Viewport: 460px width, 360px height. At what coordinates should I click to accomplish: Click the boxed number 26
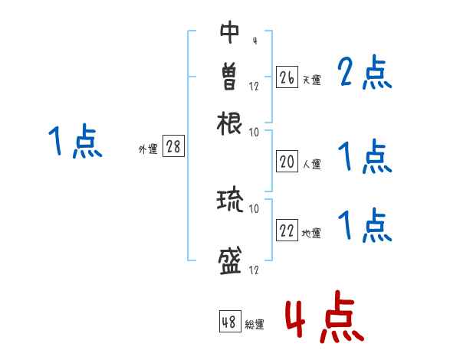click(287, 77)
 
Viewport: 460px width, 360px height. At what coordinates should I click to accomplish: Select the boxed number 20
click(287, 161)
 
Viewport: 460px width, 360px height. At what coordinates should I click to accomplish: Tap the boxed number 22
click(287, 231)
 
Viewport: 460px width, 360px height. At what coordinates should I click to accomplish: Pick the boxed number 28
click(173, 148)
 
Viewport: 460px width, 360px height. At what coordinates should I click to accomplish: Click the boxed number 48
click(229, 322)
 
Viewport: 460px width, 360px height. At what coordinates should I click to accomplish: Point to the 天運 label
click(311, 80)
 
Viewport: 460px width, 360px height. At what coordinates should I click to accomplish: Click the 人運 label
click(311, 164)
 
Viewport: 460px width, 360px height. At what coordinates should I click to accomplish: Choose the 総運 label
click(254, 325)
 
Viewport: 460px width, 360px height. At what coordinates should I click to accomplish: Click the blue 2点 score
click(364, 73)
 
